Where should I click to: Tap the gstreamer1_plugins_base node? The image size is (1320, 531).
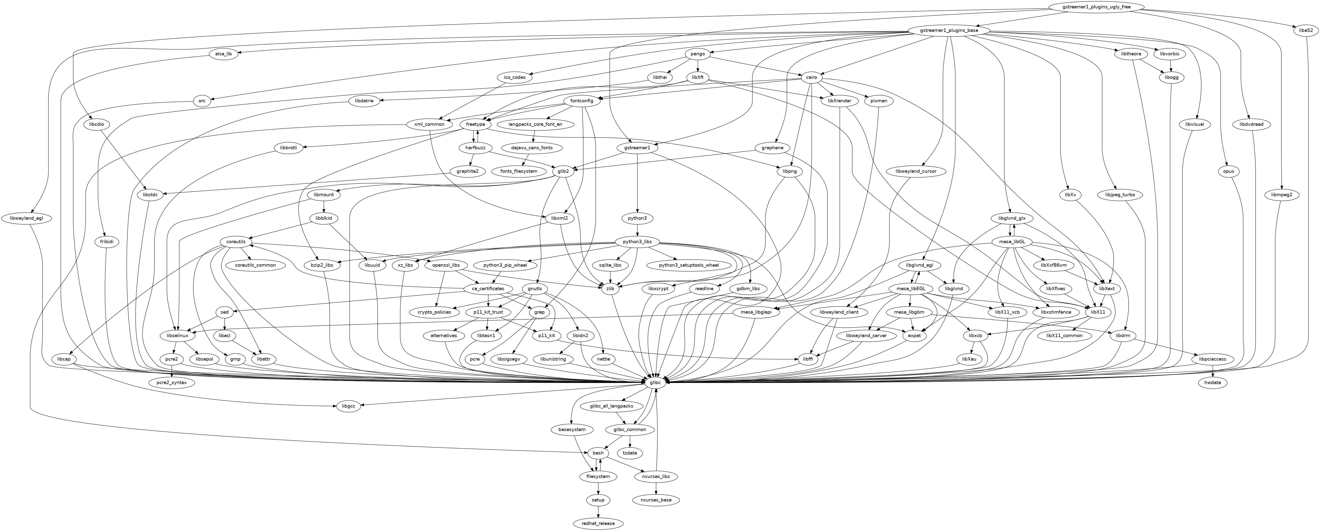coord(948,31)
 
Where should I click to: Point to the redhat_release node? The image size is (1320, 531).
coord(598,523)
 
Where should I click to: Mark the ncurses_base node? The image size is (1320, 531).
coord(656,500)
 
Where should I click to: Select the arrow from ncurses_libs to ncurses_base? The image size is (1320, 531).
coord(656,488)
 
